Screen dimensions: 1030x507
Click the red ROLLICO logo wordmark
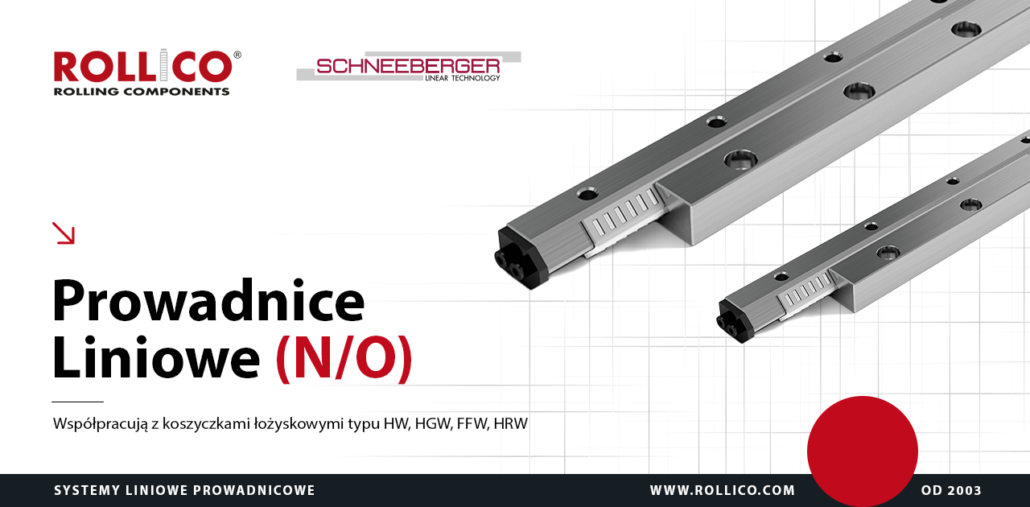(x=143, y=66)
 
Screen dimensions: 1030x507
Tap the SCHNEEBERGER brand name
(x=408, y=66)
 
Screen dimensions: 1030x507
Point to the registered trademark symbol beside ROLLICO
(x=237, y=56)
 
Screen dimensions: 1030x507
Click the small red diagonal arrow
(x=64, y=233)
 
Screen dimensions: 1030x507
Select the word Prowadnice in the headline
(x=208, y=301)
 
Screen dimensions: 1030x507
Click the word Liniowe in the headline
(x=156, y=358)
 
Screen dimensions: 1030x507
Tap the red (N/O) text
(x=344, y=359)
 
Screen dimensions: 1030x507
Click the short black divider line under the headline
(x=78, y=402)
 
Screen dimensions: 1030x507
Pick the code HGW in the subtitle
(x=434, y=424)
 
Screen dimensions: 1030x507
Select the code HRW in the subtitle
(x=510, y=424)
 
